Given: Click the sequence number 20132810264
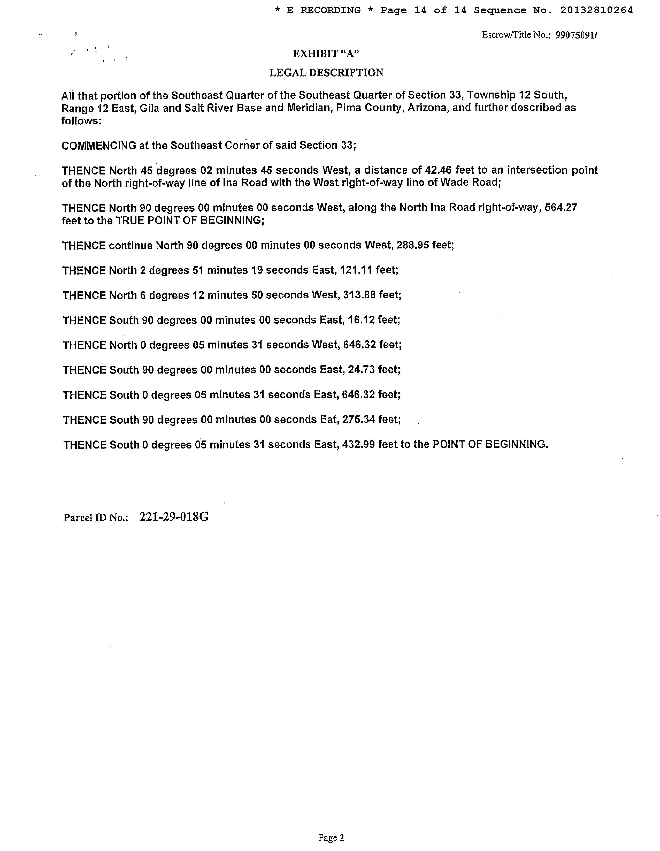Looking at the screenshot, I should (x=596, y=11).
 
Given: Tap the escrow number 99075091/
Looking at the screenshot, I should (x=576, y=35).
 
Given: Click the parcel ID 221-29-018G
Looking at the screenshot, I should (x=174, y=517).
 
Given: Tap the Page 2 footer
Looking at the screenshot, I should (x=331, y=837).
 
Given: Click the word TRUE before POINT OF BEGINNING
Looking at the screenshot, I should (x=130, y=221).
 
